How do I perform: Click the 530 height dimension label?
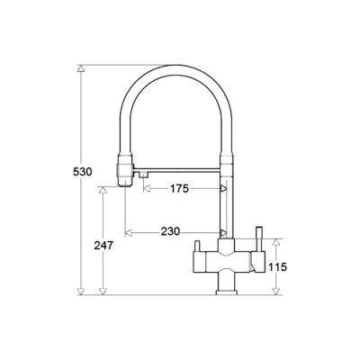coord(83,172)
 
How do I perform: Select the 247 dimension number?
coord(103,246)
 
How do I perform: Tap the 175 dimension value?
coord(179,189)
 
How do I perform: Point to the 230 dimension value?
coord(170,231)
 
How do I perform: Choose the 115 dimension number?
coord(277,266)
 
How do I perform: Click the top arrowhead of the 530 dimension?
coord(81,68)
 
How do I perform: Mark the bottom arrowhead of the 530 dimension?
coord(81,291)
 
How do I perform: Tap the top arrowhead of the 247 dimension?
coord(103,190)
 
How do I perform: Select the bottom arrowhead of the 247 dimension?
coord(103,291)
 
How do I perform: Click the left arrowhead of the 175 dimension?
coord(147,189)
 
